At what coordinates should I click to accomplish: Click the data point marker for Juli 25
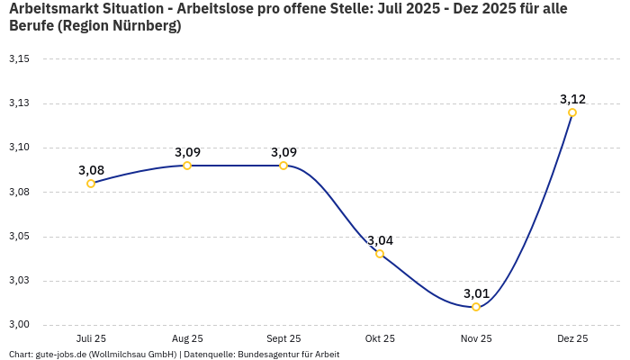91,184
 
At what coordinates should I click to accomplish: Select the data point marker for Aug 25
187,166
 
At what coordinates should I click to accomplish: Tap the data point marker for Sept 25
283,166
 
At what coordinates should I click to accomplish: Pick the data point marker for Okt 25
380,254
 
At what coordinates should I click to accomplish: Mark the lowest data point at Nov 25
476,307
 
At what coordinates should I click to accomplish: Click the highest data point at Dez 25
572,112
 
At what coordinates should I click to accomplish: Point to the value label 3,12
572,99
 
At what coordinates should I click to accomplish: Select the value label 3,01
476,293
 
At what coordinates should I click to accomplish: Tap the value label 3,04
380,240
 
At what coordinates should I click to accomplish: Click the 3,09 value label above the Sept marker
283,152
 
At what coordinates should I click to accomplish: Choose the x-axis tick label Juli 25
91,338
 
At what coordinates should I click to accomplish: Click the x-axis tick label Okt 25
380,338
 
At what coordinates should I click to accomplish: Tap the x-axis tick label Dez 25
572,338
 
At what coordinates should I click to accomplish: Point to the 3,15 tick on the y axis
19,59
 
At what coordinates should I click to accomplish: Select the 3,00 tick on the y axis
19,325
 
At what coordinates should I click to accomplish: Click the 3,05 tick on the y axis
19,237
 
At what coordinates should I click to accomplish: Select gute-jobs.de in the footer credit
60,354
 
